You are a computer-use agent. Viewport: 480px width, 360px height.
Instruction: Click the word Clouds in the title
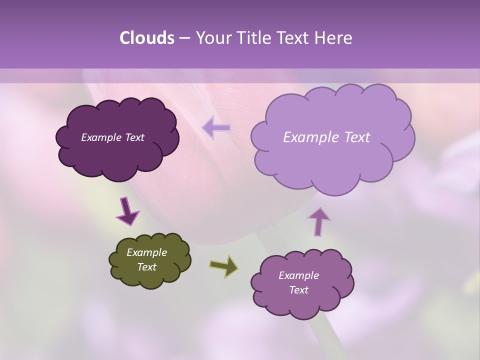147,38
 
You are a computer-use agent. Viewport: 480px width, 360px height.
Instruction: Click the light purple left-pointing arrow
216,128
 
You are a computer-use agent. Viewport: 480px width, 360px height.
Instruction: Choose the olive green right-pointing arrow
224,266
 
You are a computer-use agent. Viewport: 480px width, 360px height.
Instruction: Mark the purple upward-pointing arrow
319,221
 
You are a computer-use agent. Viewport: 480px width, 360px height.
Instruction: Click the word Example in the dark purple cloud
101,137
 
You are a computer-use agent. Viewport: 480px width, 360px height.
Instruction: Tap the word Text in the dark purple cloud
134,137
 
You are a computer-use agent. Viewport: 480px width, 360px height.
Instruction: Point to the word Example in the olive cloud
147,252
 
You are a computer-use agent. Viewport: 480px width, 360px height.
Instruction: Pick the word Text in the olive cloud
147,267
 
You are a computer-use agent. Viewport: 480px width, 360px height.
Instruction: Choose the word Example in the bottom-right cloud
298,275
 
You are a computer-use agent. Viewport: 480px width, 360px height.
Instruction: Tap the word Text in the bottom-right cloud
298,290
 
